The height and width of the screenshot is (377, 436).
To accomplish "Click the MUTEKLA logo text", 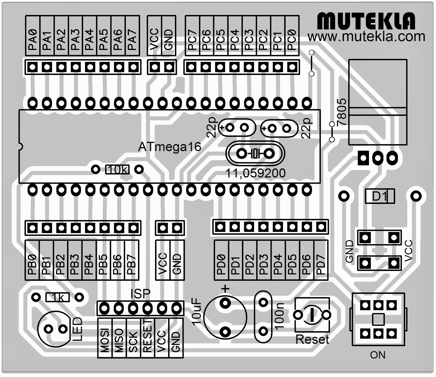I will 366,21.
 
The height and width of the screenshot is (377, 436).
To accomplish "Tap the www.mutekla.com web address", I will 366,37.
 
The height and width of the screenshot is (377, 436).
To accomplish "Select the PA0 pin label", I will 33,40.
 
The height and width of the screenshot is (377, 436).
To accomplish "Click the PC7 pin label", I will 192,40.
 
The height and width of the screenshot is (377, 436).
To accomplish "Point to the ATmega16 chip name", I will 169,147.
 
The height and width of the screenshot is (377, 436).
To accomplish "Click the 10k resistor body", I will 117,170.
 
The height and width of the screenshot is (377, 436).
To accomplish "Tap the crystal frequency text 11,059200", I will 255,173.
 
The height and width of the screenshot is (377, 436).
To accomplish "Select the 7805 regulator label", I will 342,112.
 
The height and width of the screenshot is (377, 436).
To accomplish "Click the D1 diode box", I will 380,196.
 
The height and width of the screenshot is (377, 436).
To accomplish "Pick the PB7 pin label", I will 132,264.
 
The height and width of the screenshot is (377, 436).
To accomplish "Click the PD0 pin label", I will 221,264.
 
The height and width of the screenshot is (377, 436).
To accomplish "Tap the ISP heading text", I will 140,294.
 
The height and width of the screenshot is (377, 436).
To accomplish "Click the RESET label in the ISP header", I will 147,337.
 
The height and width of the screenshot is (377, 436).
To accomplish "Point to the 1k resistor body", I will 57,297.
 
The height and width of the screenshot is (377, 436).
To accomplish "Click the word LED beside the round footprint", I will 77,329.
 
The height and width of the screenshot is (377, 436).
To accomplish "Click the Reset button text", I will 312,340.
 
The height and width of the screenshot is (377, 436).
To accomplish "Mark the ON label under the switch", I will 378,355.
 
